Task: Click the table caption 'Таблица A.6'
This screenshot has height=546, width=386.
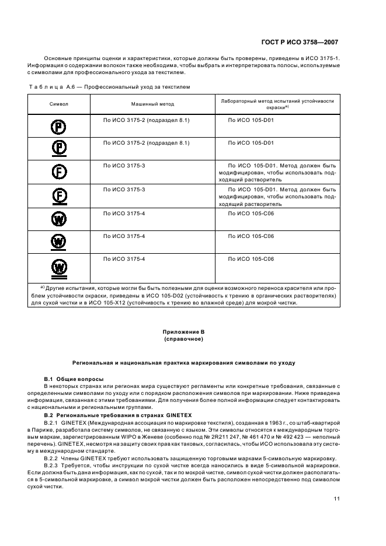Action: [53, 86]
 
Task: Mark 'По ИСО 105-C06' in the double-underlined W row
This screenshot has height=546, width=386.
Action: [251, 258]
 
